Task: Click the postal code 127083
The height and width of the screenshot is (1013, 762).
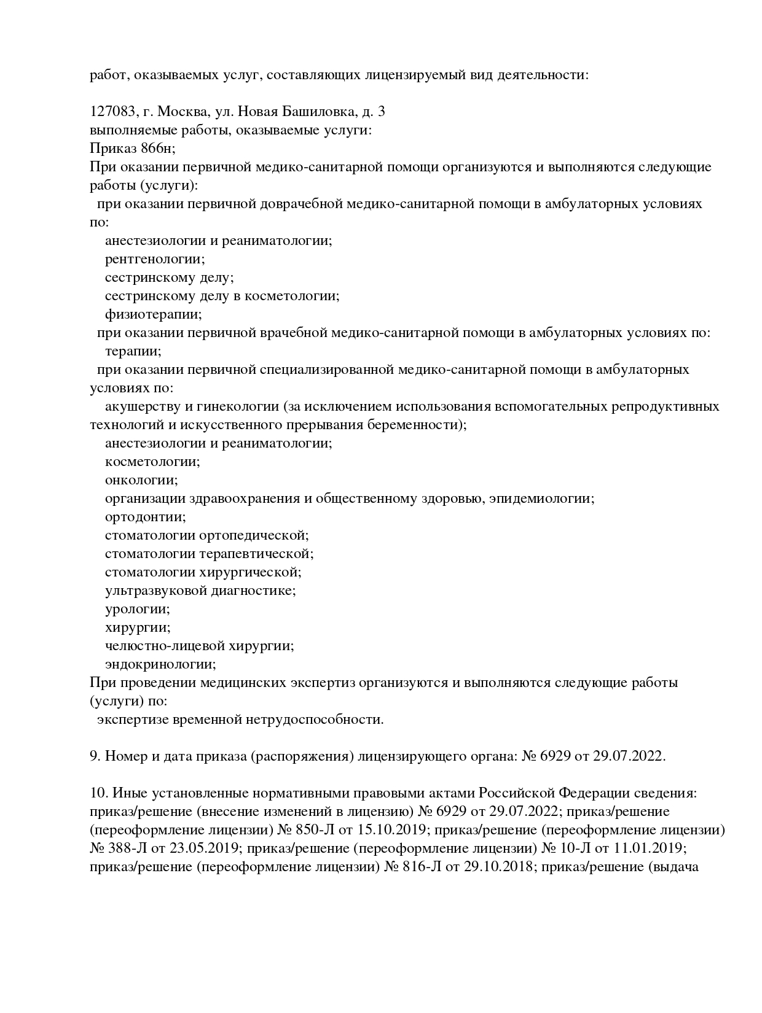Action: point(112,112)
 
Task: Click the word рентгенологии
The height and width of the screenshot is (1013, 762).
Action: point(155,259)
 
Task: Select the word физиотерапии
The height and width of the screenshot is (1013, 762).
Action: point(153,314)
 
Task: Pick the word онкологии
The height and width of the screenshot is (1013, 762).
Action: point(141,480)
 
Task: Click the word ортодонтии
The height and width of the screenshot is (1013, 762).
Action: point(145,517)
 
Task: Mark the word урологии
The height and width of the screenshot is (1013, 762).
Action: point(137,609)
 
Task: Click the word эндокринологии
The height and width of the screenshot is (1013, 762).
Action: point(160,664)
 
